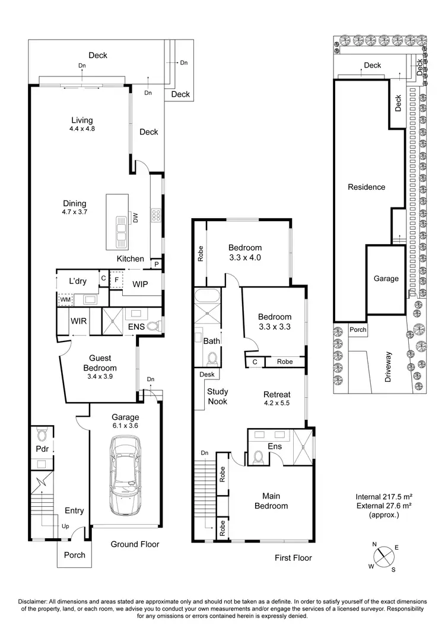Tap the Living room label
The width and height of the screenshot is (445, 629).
tap(81, 120)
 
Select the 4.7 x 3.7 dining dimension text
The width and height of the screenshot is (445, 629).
tap(74, 212)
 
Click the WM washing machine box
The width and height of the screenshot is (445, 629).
tap(65, 301)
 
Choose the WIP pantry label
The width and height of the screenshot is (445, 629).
tap(140, 285)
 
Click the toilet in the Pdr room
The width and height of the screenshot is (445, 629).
tap(40, 433)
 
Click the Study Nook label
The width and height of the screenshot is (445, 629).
tap(217, 397)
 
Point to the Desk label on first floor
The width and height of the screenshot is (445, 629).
tap(206, 375)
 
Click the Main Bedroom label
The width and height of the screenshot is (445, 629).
tap(271, 501)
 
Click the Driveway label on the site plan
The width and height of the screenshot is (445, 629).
tap(389, 367)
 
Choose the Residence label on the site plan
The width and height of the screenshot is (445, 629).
tap(366, 187)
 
